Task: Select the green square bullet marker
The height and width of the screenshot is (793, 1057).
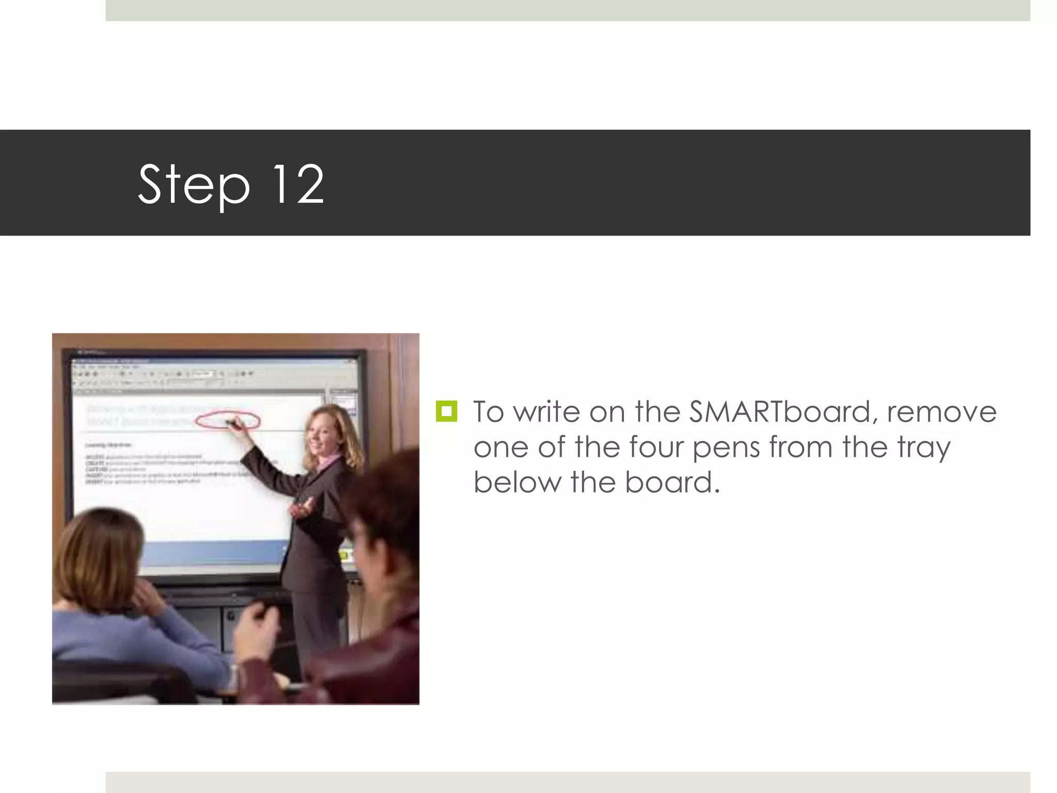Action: [x=446, y=411]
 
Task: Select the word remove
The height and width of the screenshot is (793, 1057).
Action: [x=942, y=411]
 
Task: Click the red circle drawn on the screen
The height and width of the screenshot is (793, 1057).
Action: [x=227, y=421]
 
